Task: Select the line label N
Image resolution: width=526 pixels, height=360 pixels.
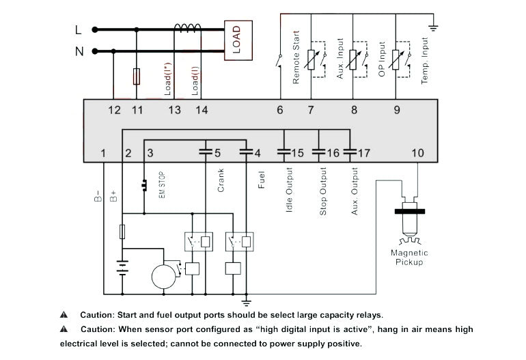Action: (x=78, y=51)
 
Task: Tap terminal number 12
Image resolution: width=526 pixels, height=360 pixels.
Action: (x=114, y=110)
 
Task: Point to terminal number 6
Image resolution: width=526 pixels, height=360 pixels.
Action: (x=280, y=110)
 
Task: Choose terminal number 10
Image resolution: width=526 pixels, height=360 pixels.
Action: (x=418, y=153)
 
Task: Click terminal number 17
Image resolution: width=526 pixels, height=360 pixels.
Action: (x=363, y=153)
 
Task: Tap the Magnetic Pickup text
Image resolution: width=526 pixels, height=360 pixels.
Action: (x=409, y=257)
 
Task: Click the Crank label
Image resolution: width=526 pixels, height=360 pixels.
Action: (x=221, y=180)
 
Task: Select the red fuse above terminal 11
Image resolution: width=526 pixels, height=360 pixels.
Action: (x=137, y=75)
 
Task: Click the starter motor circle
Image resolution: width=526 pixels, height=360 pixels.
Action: (x=164, y=277)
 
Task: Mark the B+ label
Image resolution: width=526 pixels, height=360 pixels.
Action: (x=113, y=198)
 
